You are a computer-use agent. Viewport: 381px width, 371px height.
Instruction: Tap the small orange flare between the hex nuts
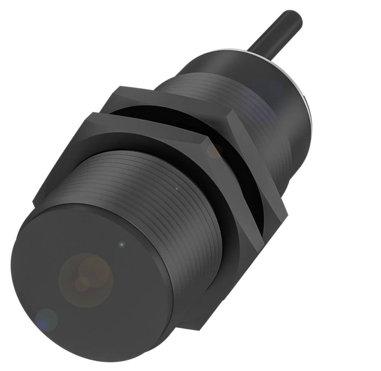click(214, 150)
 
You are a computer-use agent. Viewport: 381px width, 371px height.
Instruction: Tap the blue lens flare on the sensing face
click(46, 320)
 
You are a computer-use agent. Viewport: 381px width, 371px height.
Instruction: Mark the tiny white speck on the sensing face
click(122, 244)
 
